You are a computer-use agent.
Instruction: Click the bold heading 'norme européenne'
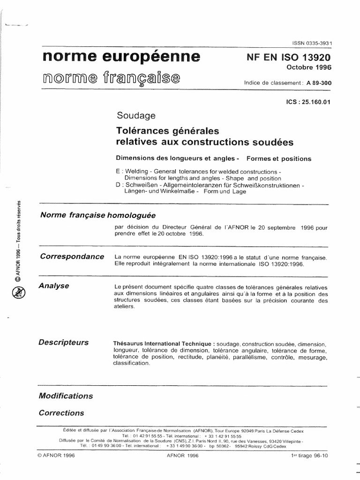click(x=121, y=57)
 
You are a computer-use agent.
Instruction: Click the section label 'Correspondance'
click(x=72, y=256)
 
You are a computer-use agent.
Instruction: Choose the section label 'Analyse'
click(x=54, y=285)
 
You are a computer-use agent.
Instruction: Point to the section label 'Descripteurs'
click(x=64, y=342)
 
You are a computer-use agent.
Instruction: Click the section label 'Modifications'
click(x=66, y=396)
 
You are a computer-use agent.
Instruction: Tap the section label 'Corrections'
click(x=61, y=413)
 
